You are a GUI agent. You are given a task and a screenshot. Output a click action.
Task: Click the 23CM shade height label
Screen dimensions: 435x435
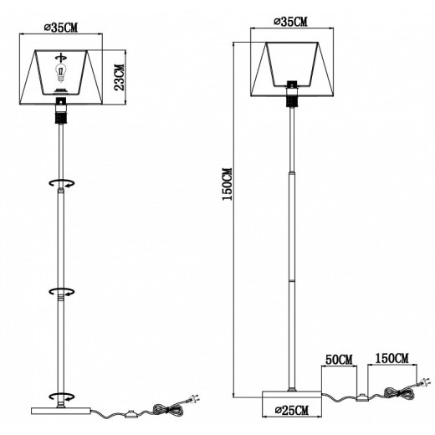(120, 77)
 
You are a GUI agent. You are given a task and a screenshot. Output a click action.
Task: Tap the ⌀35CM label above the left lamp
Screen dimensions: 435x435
(61, 28)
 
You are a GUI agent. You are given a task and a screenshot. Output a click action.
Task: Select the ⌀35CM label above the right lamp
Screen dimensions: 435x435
(291, 22)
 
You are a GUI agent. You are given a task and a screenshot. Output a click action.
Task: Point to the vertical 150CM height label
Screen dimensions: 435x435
(227, 184)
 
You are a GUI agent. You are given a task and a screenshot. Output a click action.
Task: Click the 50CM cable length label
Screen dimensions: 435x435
(339, 360)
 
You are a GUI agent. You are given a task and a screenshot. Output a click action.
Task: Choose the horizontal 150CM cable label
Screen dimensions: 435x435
(391, 358)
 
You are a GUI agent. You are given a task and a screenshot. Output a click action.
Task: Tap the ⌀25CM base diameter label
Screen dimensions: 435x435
(292, 411)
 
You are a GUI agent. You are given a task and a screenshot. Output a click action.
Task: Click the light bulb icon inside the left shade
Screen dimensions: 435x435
(60, 73)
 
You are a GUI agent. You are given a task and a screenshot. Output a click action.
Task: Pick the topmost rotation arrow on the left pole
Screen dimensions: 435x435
(62, 183)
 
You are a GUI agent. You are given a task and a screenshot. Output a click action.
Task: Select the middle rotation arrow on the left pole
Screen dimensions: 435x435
(62, 292)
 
